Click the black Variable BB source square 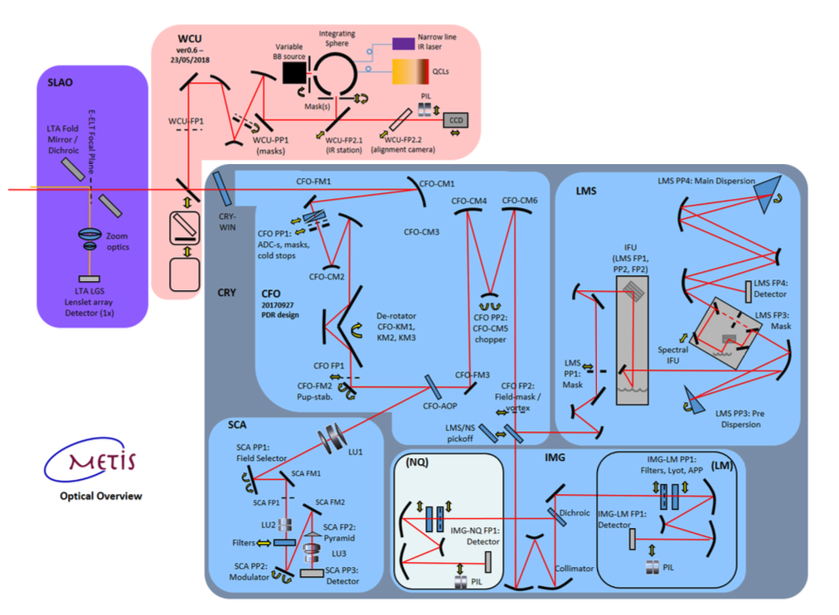pos(294,74)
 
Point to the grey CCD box pos(456,119)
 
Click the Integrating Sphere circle pos(336,74)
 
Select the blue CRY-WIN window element pos(226,189)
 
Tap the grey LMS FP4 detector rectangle pos(748,292)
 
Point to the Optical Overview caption pos(100,496)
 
